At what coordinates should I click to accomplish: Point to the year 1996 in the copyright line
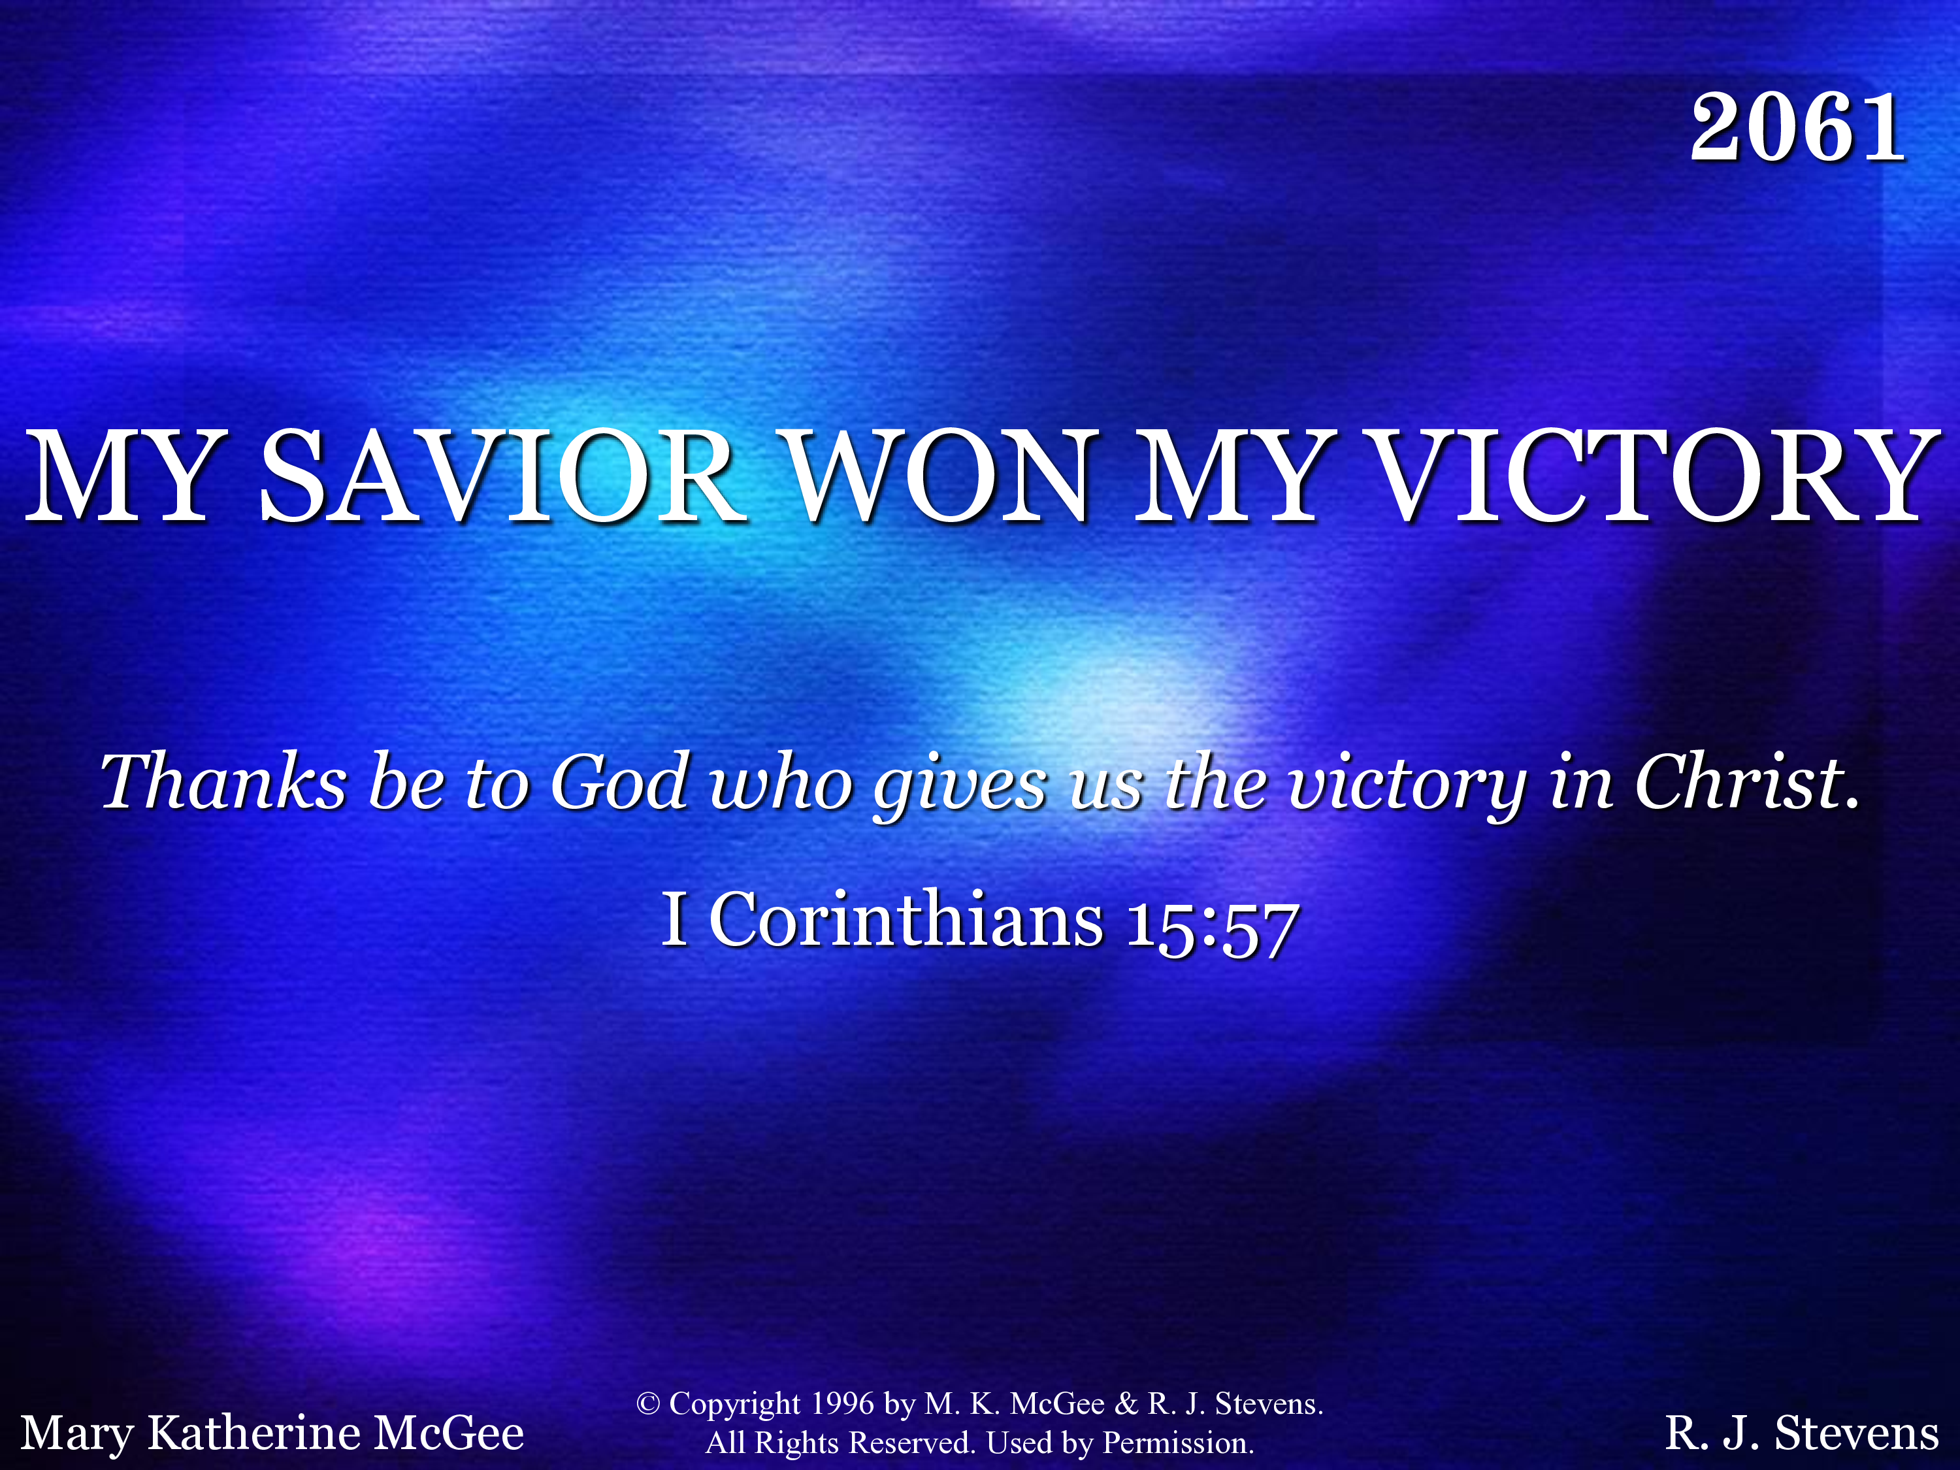(843, 1403)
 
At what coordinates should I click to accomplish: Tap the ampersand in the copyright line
(1126, 1403)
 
